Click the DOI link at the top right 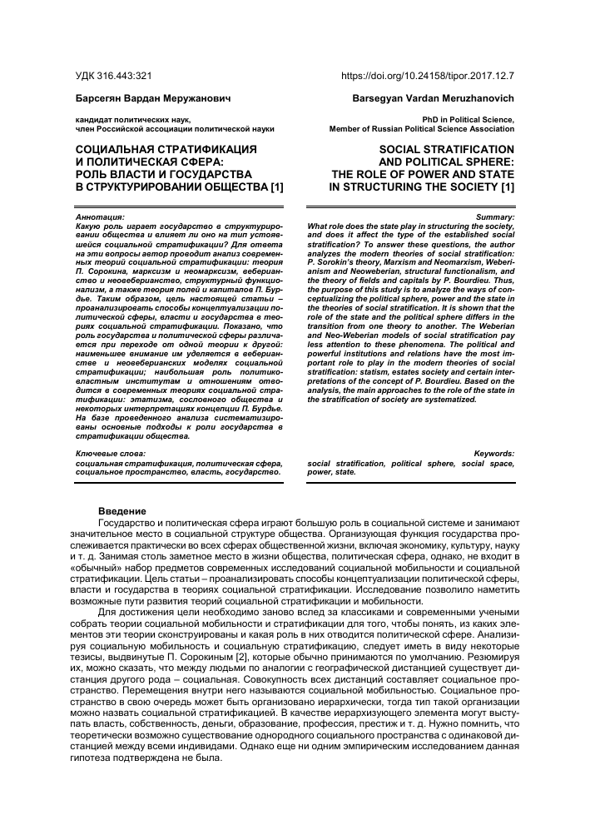pos(428,74)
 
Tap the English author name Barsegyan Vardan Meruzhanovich pos(434,98)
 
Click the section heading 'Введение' pos(122,510)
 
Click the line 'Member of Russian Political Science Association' pos(422,130)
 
